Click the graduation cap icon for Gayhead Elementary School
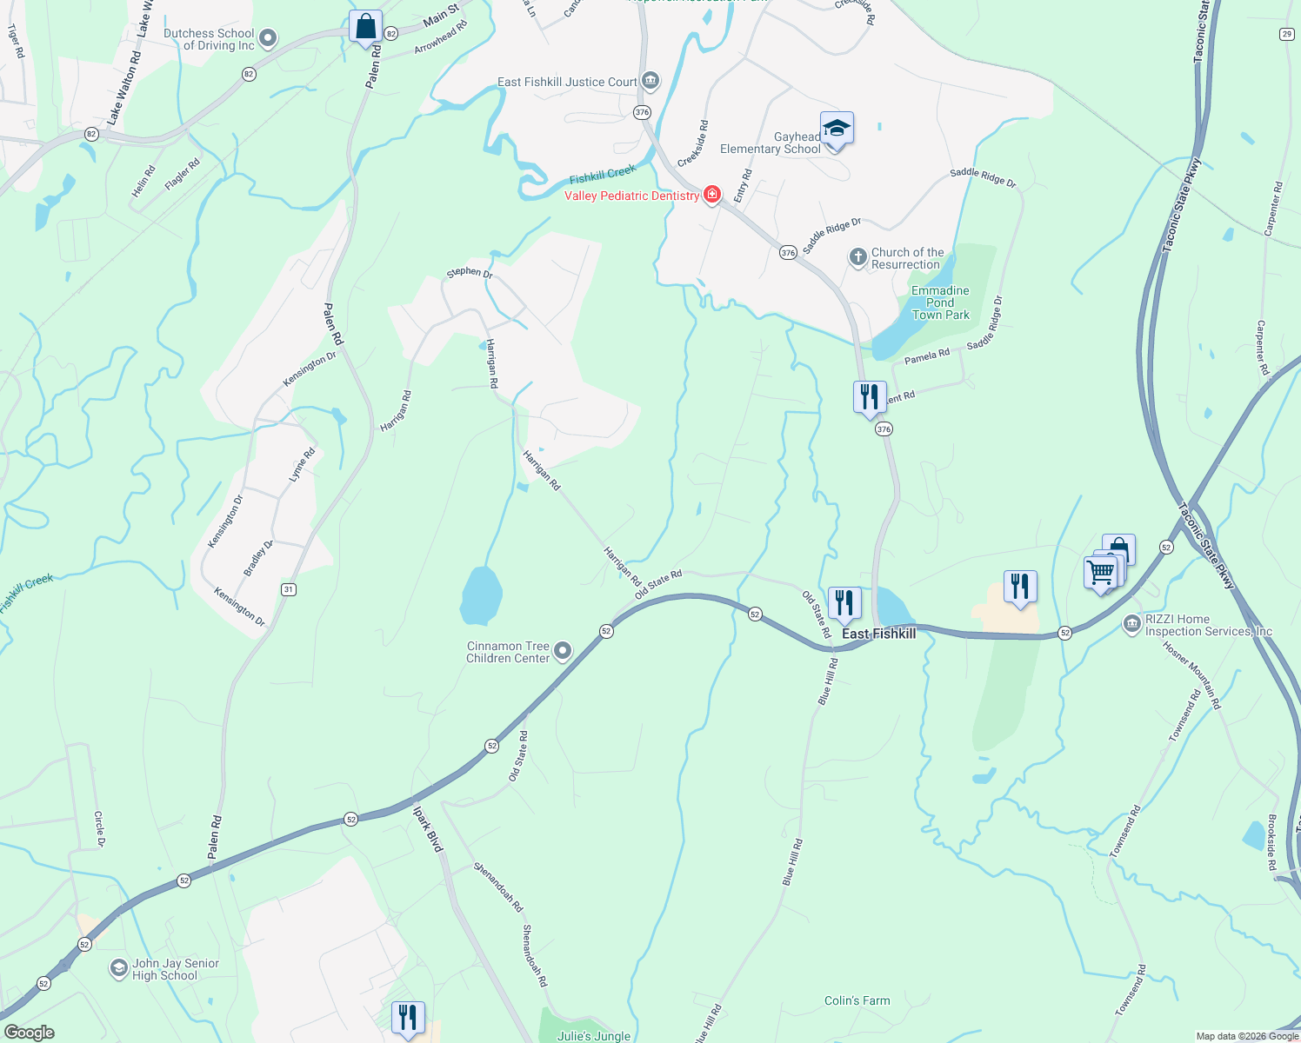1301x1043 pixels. (836, 129)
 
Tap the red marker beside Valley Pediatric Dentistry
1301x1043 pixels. (712, 195)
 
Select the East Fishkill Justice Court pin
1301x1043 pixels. (650, 82)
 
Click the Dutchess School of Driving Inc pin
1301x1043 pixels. (268, 38)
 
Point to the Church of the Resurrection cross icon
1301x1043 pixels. (858, 258)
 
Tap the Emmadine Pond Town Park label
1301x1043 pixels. (940, 302)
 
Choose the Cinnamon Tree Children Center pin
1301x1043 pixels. (563, 651)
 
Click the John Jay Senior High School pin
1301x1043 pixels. (119, 968)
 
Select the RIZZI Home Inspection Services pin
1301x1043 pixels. (1131, 624)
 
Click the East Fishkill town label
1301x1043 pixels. (878, 634)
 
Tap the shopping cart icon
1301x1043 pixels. (1100, 573)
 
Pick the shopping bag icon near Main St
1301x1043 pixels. (366, 26)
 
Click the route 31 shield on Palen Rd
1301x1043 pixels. (289, 589)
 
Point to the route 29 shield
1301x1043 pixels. (1287, 34)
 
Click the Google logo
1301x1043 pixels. (30, 1033)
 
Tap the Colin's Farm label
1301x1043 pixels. (857, 1000)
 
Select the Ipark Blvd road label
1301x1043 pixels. (428, 829)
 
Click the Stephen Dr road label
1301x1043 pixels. (470, 272)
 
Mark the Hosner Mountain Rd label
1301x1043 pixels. (1192, 677)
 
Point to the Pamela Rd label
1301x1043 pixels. (927, 356)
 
